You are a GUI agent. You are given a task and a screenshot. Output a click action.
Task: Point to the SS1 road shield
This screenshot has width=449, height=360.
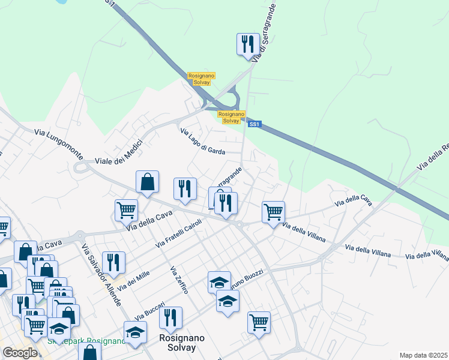click(255, 124)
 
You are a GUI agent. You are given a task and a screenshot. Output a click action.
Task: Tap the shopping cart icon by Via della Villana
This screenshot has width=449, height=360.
click(273, 211)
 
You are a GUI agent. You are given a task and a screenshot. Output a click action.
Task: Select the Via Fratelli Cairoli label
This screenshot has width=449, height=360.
click(178, 233)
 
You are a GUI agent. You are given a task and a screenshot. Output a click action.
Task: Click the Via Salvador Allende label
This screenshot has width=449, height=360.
click(101, 275)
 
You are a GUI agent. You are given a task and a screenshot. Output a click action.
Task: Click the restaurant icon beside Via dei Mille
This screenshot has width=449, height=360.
click(113, 262)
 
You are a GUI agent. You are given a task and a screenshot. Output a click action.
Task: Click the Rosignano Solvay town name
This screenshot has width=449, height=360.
click(182, 343)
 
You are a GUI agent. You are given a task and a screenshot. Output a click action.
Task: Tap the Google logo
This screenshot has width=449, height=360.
click(20, 353)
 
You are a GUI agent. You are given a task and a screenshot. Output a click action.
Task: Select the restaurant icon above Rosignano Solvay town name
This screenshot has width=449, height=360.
click(171, 317)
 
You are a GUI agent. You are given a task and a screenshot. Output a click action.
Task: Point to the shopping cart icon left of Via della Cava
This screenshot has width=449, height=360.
click(127, 209)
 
